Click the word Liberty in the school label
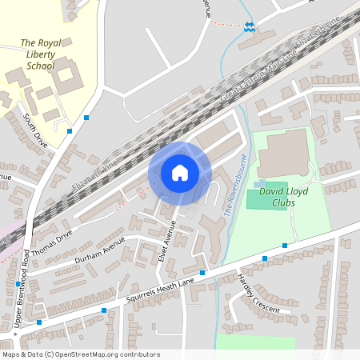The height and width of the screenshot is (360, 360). [x=39, y=54]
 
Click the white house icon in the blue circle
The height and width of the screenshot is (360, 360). [x=180, y=172]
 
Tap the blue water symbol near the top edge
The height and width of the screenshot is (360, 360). [x=250, y=26]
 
